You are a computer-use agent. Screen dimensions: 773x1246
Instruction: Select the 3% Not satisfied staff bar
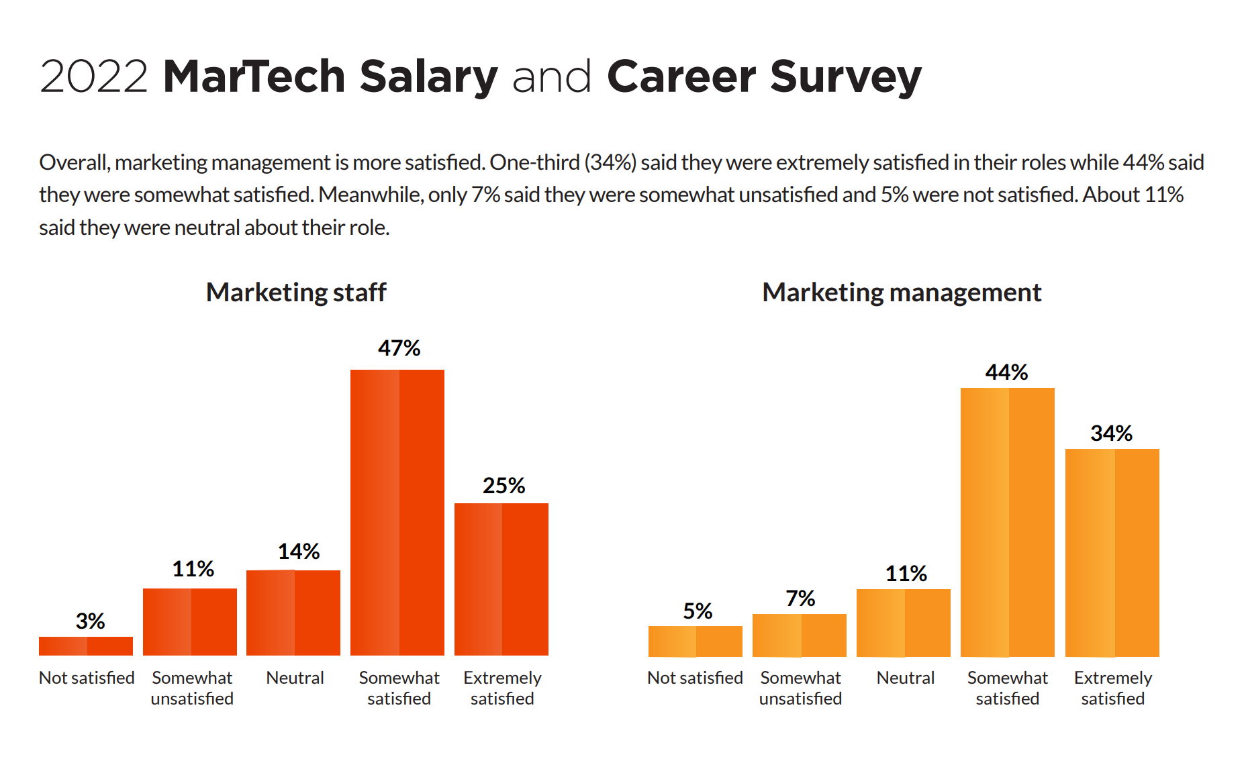pyautogui.click(x=86, y=646)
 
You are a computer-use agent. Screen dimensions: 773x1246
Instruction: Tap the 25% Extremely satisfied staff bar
pyautogui.click(x=501, y=579)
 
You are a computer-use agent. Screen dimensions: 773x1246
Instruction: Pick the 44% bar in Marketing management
pyautogui.click(x=1007, y=522)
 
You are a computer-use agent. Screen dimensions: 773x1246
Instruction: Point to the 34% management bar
pyautogui.click(x=1112, y=552)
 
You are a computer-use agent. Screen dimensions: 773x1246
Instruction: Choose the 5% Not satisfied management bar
pyautogui.click(x=695, y=641)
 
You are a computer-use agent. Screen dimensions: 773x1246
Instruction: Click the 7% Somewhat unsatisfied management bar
pyautogui.click(x=799, y=635)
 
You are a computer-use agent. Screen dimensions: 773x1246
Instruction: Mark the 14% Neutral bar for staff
pyautogui.click(x=293, y=613)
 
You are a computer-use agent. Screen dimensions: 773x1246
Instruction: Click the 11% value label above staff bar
pyautogui.click(x=193, y=569)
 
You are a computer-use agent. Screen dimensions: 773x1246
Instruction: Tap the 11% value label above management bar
pyautogui.click(x=906, y=574)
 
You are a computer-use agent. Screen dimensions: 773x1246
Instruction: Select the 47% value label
pyautogui.click(x=399, y=348)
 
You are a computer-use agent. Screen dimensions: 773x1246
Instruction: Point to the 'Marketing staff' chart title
pyautogui.click(x=296, y=293)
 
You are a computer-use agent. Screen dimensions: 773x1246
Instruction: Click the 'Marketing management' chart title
pyautogui.click(x=902, y=293)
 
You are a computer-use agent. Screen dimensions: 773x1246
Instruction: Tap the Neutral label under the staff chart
pyautogui.click(x=295, y=678)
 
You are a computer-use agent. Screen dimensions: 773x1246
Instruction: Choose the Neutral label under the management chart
pyautogui.click(x=905, y=678)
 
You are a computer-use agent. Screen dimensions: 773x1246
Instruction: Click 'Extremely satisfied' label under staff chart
pyautogui.click(x=502, y=688)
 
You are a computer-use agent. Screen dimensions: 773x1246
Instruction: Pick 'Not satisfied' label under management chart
pyautogui.click(x=695, y=678)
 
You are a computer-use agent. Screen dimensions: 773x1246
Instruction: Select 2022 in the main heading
pyautogui.click(x=93, y=76)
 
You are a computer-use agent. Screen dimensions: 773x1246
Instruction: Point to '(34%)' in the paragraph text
pyautogui.click(x=610, y=162)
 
